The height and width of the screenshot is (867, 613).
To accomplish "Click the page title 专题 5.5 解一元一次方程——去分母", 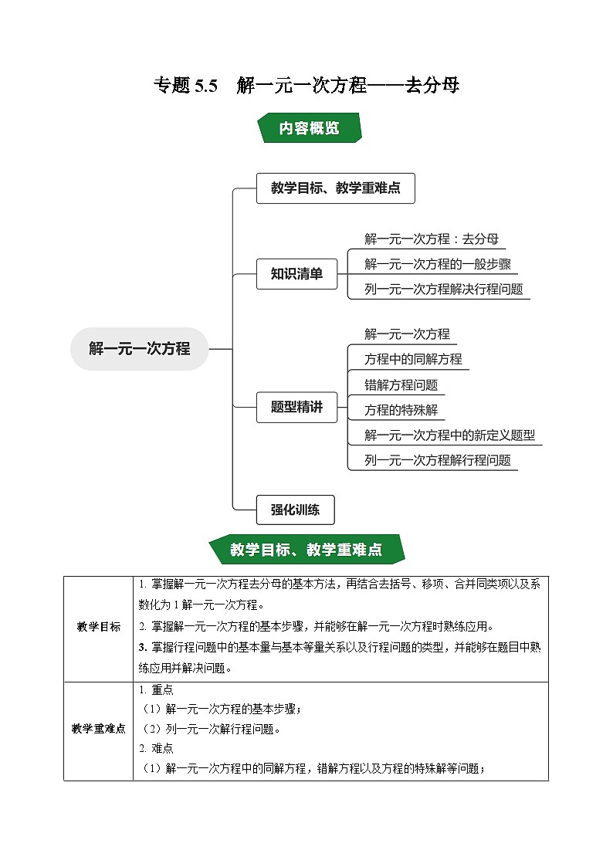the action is pos(306,85).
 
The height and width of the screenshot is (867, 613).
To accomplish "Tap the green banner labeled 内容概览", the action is pos(309,129).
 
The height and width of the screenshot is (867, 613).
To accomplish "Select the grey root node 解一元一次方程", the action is pos(139,349).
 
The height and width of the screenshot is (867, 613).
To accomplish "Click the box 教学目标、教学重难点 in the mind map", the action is pos(335,188).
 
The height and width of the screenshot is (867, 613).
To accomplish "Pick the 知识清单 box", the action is pos(296,273).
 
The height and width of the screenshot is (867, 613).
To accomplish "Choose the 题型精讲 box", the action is pos(296,407).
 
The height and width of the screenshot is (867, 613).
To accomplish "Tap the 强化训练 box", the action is pos(296,510).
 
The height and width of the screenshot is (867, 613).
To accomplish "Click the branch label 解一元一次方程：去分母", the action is pos(426,239).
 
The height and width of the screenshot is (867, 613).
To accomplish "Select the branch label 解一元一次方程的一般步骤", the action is pos(437,265).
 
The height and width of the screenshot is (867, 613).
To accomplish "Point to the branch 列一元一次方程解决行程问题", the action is pos(443,290).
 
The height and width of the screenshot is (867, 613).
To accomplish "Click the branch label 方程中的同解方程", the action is pos(413,359).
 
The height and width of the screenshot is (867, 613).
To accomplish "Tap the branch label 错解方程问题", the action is pos(401,384).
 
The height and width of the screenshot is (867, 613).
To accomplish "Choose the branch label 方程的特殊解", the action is pos(401,410).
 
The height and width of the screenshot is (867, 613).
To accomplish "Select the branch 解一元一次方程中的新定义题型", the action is pos(449,435).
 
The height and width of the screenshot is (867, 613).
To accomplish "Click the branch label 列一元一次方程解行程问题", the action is pos(437,460).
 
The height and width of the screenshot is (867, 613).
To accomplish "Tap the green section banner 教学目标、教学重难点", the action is pos(306,550).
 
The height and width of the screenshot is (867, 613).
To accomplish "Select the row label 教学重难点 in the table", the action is pos(98,729).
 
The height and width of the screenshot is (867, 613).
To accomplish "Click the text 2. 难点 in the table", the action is pos(156,748).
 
